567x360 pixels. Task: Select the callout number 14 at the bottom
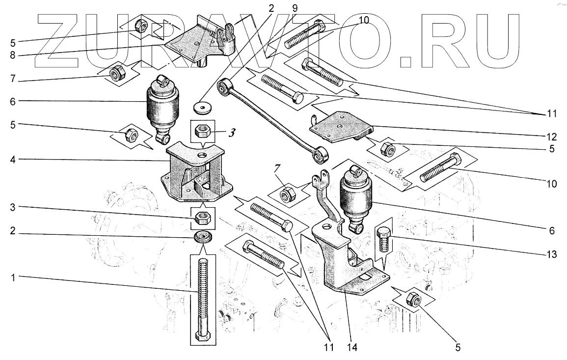click(352, 348)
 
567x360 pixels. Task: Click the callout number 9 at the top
click(295, 8)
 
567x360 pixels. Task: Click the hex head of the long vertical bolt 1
click(203, 336)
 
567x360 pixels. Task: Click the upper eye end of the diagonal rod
click(226, 87)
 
